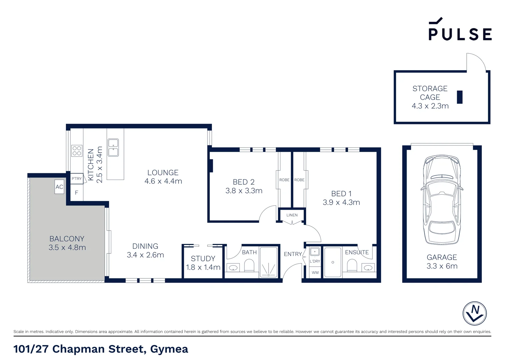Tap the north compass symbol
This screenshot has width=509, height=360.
[474, 313]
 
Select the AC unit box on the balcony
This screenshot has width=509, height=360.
[59, 187]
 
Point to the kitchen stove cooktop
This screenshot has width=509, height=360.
[77, 151]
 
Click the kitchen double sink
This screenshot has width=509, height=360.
[113, 148]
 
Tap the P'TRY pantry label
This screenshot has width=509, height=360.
[77, 179]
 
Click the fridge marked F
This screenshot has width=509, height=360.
[76, 193]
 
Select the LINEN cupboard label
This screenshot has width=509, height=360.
[292, 215]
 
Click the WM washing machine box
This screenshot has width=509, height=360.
[315, 273]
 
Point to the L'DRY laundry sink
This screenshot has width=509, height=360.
[315, 252]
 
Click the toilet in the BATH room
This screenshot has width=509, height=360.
[249, 266]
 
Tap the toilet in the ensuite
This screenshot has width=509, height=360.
[352, 266]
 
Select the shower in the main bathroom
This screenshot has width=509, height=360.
[268, 262]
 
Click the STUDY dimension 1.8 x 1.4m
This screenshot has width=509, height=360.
[203, 267]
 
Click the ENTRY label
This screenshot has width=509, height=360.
[292, 254]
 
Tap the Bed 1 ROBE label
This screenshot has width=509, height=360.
[299, 180]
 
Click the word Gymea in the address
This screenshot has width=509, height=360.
[169, 349]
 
